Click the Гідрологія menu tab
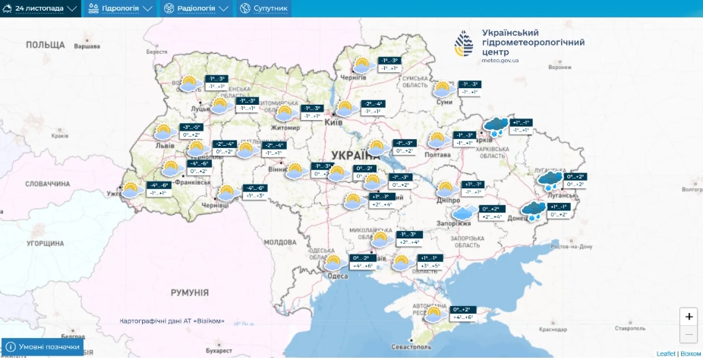pyautogui.click(x=120, y=8)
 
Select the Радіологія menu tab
pyautogui.click(x=194, y=8)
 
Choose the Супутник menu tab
pyautogui.click(x=263, y=8)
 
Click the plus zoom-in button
pyautogui.click(x=689, y=317)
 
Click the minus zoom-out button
pyautogui.click(x=689, y=334)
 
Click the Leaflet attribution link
pyautogui.click(x=665, y=354)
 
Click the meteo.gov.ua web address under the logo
pyautogui.click(x=500, y=60)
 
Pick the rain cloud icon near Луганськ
pyautogui.click(x=550, y=180)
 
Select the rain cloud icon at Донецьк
pyautogui.click(x=531, y=210)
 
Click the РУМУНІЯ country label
pyautogui.click(x=189, y=292)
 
